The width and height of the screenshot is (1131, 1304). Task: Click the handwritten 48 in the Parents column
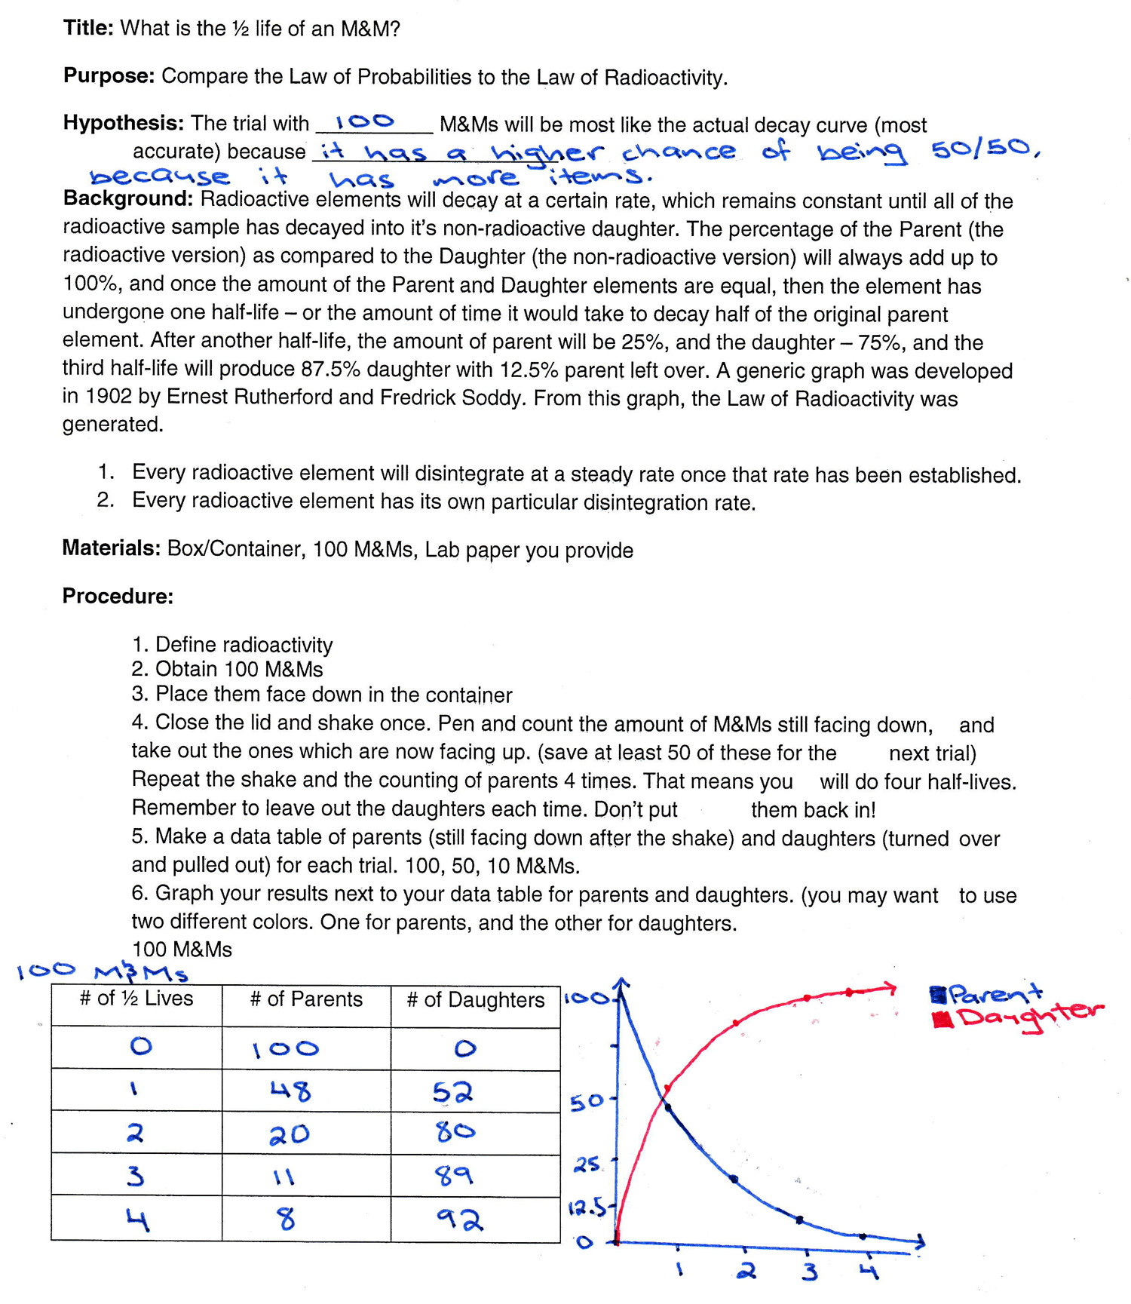(x=290, y=1091)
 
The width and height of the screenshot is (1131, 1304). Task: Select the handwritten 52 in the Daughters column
(x=453, y=1092)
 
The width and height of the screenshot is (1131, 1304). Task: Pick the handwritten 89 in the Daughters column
(x=454, y=1175)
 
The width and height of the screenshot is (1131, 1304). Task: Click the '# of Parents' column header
(x=306, y=999)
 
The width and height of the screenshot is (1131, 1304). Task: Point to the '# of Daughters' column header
(x=475, y=1000)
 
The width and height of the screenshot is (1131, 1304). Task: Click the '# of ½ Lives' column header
(x=136, y=999)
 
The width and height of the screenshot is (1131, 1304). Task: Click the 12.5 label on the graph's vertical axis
(x=586, y=1208)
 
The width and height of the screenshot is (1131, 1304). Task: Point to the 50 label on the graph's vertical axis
(x=586, y=1103)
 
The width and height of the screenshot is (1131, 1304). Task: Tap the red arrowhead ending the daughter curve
(x=890, y=987)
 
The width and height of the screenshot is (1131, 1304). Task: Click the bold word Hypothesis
(x=124, y=123)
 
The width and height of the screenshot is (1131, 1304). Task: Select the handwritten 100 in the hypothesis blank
(x=365, y=121)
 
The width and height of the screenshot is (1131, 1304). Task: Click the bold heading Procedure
(x=118, y=597)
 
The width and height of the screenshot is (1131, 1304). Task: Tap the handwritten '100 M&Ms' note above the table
(x=102, y=971)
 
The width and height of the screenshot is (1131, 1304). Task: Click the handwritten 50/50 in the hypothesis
(x=984, y=149)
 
